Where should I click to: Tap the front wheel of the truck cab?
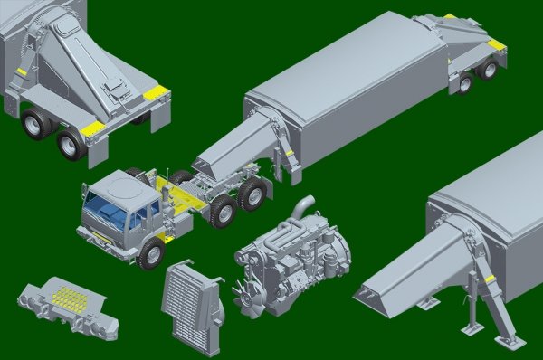[151, 254]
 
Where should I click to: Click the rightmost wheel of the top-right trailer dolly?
[465, 83]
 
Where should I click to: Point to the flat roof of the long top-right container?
[344, 72]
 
